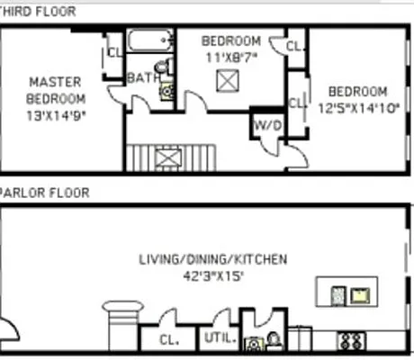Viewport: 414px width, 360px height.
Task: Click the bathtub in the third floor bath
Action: [149, 41]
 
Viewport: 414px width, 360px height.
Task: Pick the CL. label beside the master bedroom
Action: [113, 51]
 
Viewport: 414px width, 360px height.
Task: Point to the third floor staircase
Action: [168, 157]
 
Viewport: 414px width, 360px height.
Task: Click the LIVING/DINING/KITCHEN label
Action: [212, 260]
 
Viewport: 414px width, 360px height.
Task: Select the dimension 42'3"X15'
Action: [212, 276]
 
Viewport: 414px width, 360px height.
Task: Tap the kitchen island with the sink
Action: [347, 293]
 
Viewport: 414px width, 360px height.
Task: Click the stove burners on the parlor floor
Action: [350, 342]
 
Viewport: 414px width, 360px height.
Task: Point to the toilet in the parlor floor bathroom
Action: [274, 342]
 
